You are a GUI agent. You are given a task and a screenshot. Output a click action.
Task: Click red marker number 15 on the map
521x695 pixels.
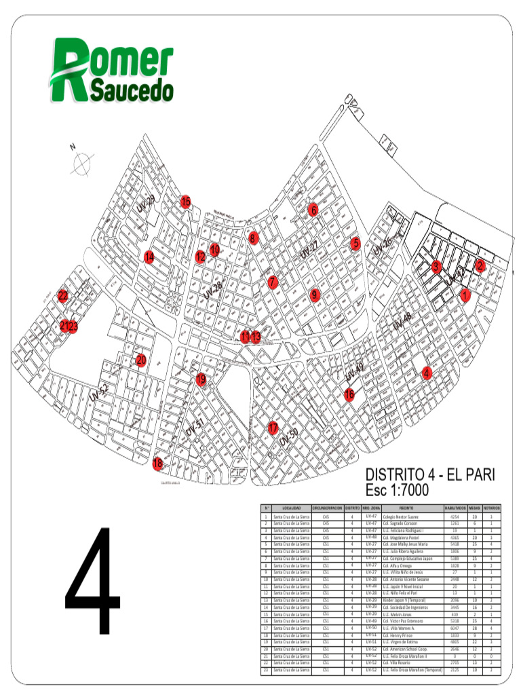(185, 202)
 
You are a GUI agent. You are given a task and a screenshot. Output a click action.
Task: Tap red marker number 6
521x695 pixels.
(313, 210)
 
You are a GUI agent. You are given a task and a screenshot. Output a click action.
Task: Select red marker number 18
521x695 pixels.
(158, 464)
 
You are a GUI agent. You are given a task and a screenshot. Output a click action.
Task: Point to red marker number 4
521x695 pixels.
(427, 373)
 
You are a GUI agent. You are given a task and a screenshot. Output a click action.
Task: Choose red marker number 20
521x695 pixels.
(141, 360)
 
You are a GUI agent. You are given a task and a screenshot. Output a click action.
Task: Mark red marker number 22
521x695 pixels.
(63, 296)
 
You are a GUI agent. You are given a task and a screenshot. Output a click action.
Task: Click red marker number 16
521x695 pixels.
(349, 394)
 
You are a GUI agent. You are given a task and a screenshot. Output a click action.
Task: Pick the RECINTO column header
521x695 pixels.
(406, 508)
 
